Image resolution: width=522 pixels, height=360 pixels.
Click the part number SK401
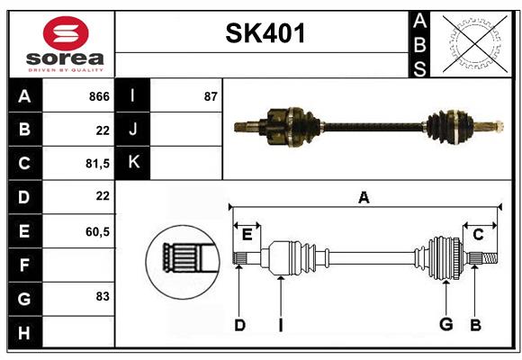click(x=265, y=33)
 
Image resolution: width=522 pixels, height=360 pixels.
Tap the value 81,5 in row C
click(x=94, y=163)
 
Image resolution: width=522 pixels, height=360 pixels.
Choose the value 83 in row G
click(x=102, y=296)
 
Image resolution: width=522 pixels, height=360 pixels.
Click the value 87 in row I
click(x=211, y=96)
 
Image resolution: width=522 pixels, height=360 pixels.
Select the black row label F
click(x=24, y=265)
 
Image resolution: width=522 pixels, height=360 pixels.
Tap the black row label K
click(x=134, y=163)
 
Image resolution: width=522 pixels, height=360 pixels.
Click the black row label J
click(x=134, y=130)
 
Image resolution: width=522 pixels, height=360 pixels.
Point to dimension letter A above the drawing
click(x=364, y=198)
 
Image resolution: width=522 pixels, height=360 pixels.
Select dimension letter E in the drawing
click(x=247, y=235)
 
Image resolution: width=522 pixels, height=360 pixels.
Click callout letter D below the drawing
click(x=239, y=325)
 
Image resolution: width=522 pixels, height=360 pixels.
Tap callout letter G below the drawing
click(x=445, y=325)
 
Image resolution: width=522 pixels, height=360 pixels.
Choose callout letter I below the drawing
click(x=281, y=325)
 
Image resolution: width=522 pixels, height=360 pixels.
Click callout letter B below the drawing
click(x=476, y=325)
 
